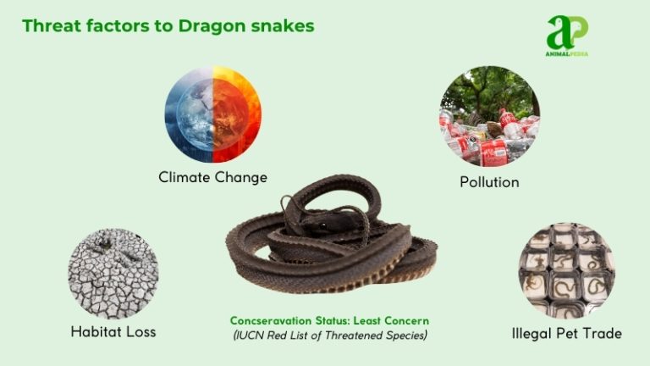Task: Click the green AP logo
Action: click(x=566, y=32)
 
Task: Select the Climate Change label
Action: click(x=212, y=177)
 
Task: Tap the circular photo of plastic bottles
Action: click(x=489, y=116)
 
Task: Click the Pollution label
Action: click(x=489, y=181)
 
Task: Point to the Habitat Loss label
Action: click(x=113, y=332)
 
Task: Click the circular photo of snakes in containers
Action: click(x=567, y=269)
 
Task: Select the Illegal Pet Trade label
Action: click(x=567, y=333)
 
